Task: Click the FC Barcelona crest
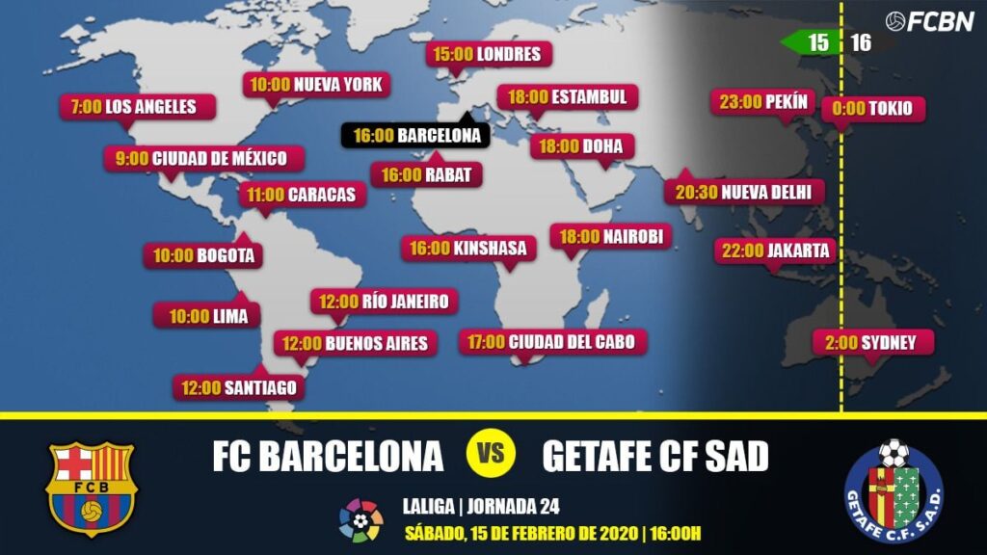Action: click(x=91, y=489)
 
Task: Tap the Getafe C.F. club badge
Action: click(x=894, y=490)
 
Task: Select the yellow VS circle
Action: click(x=493, y=454)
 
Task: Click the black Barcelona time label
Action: click(x=415, y=136)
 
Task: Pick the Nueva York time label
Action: click(x=316, y=85)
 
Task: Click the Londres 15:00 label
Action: click(x=489, y=54)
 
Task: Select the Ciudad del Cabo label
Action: click(x=552, y=341)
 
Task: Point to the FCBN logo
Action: click(x=929, y=20)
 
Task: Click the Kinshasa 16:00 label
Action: click(x=467, y=249)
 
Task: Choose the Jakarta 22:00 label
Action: click(x=772, y=251)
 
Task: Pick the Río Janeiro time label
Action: click(x=384, y=302)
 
